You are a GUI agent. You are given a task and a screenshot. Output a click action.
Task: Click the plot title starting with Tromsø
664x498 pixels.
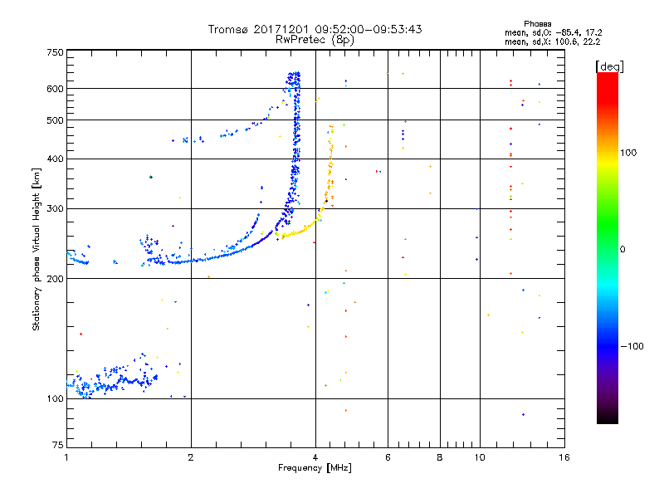pyautogui.click(x=315, y=29)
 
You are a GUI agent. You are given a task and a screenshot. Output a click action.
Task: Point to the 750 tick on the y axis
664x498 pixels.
pyautogui.click(x=55, y=51)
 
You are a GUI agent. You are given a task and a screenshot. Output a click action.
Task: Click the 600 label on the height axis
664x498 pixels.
pyautogui.click(x=55, y=88)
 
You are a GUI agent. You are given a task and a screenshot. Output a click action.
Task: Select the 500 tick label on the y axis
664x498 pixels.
pyautogui.click(x=55, y=120)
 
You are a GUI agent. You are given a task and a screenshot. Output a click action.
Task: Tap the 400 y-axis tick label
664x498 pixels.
pyautogui.click(x=55, y=159)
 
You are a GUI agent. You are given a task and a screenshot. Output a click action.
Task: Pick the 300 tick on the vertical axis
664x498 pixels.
pyautogui.click(x=55, y=208)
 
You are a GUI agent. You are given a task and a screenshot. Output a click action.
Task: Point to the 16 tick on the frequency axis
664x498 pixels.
pyautogui.click(x=564, y=457)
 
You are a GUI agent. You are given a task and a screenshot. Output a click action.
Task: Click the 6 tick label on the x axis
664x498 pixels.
pyautogui.click(x=388, y=457)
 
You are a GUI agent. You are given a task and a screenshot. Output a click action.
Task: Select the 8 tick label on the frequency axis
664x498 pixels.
pyautogui.click(x=440, y=457)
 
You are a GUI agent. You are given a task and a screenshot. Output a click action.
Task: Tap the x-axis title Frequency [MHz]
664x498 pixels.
pyautogui.click(x=315, y=467)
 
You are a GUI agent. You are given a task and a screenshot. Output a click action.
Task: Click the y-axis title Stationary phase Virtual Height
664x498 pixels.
pyautogui.click(x=37, y=249)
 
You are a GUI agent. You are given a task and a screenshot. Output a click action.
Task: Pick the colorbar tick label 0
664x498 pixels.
pyautogui.click(x=623, y=249)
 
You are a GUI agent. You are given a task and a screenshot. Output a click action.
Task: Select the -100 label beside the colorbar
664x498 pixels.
pyautogui.click(x=632, y=345)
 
